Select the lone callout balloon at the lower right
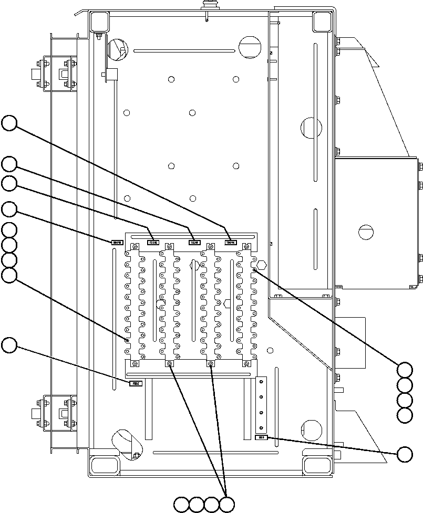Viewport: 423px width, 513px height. pos(405,455)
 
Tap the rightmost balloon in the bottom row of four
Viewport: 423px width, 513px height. pos(227,505)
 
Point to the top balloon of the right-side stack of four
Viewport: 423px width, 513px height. pos(405,369)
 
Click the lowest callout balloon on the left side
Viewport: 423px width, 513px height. pos(9,346)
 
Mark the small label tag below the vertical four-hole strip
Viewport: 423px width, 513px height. pos(261,437)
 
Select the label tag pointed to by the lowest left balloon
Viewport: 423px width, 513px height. pos(136,383)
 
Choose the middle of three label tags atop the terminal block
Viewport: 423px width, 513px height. pos(194,242)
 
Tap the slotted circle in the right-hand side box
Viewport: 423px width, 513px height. pos(366,231)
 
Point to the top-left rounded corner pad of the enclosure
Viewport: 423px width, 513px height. pos(99,21)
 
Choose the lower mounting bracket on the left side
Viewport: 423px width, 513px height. pos(55,411)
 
